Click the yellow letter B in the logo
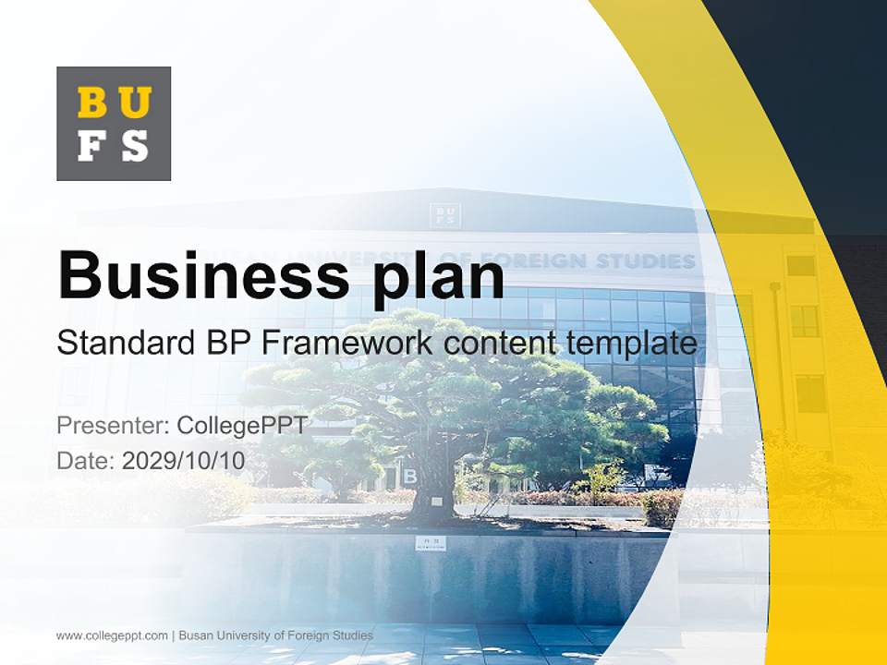pos(92,103)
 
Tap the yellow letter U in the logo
pos(135,103)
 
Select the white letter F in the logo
pos(92,146)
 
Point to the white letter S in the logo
pos(135,146)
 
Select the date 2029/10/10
pos(183,460)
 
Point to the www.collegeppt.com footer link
pos(112,635)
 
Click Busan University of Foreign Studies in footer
pos(275,635)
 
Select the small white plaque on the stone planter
pos(430,543)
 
